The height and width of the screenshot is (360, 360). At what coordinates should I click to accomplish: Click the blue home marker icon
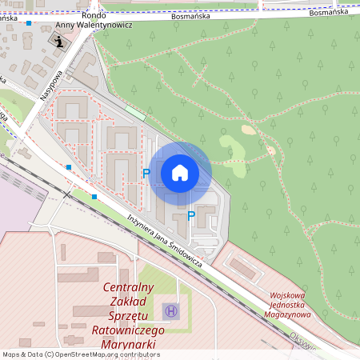[x=180, y=172]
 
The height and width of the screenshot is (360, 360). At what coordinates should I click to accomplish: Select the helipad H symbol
[x=170, y=310]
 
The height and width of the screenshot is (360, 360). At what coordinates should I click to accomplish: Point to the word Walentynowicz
[x=104, y=25]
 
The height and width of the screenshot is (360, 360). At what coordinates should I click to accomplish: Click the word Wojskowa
[x=289, y=295]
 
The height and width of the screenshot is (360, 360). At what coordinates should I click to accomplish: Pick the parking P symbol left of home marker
[x=146, y=173]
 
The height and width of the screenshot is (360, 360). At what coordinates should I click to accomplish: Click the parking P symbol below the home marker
[x=190, y=214]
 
